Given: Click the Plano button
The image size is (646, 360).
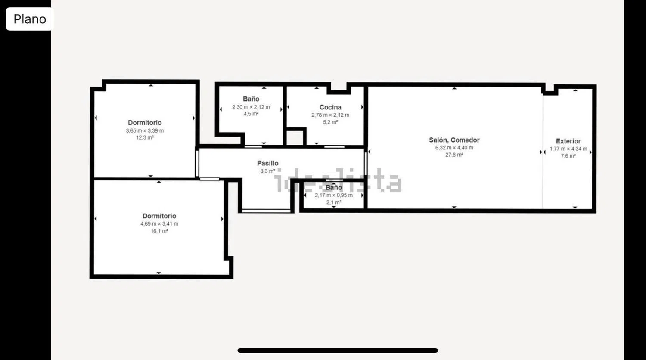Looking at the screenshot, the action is (30, 19).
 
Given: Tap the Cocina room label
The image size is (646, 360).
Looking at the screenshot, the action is (330, 107).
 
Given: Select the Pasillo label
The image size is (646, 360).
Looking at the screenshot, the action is (267, 163).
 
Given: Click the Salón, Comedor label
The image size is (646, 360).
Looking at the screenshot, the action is (454, 140).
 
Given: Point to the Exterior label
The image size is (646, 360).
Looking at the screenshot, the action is (568, 141).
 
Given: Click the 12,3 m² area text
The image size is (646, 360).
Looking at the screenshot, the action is (145, 138).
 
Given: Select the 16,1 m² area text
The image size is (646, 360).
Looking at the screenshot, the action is (159, 231).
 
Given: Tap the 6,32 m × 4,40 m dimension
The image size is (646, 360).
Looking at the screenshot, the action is (454, 148).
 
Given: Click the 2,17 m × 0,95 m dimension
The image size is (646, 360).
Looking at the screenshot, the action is (334, 196).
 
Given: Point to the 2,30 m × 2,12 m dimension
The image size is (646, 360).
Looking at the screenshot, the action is (251, 107).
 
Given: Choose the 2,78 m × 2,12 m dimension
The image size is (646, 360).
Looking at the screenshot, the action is (330, 115).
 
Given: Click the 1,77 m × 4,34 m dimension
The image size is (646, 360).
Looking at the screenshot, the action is (568, 149).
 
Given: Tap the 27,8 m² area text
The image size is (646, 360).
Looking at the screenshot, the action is (454, 155).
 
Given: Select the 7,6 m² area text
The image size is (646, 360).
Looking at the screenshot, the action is (568, 156).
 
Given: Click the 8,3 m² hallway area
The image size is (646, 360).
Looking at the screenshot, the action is (267, 171).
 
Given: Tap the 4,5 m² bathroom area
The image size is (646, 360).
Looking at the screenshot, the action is (251, 114).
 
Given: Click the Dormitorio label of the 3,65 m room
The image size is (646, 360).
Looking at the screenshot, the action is (145, 123).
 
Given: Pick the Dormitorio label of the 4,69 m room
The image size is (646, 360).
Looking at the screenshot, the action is (159, 216).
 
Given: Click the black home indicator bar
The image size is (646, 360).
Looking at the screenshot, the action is (338, 351).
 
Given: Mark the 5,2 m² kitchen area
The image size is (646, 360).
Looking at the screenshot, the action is (330, 122).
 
